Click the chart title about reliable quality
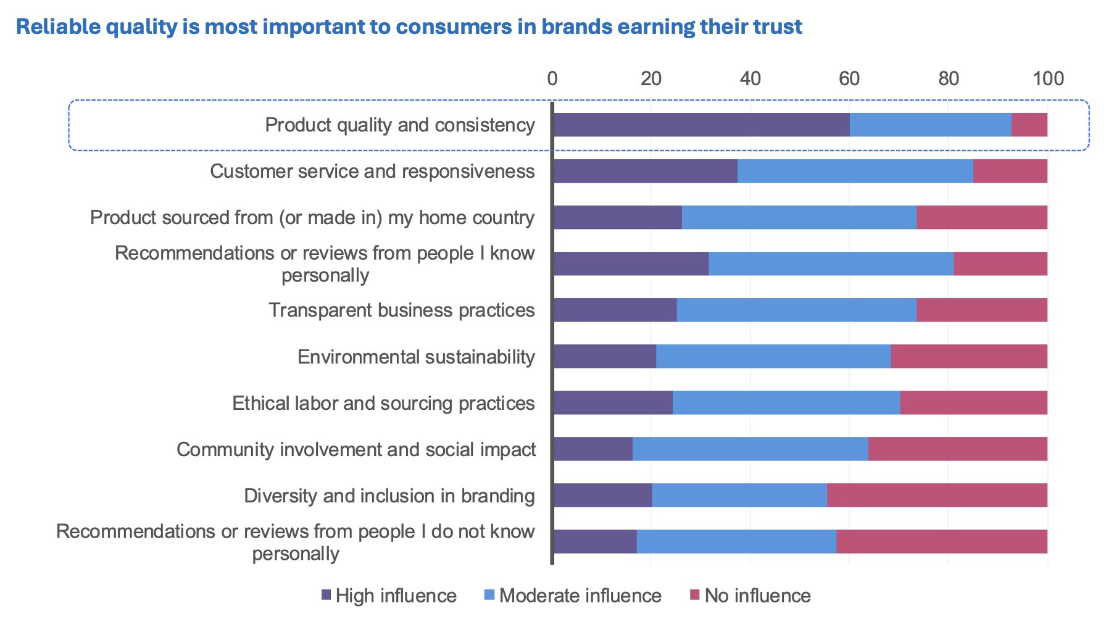coord(409,27)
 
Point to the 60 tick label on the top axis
coord(849,78)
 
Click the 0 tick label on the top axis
coord(552,78)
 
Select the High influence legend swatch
coord(326,595)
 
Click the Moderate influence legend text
coord(580,596)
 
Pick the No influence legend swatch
coord(695,595)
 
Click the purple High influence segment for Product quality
coord(701,125)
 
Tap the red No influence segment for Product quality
coord(1029,125)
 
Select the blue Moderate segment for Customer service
coord(855,171)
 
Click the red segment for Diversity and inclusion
coord(937,495)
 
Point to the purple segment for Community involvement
coord(593,449)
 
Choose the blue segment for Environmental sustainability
coord(773,357)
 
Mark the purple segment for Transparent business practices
coord(615,310)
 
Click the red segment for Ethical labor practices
coord(974,402)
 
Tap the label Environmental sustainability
coord(416,357)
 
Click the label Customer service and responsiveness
coord(372,171)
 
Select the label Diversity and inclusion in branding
coord(389,496)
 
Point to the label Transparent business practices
coord(401,310)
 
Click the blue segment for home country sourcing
coord(799,217)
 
